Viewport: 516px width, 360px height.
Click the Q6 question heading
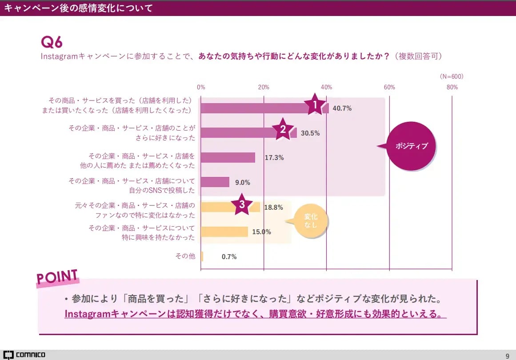52,42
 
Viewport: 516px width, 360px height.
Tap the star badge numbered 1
315,105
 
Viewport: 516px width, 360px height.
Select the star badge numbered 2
282,129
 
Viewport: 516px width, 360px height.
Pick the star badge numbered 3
242,204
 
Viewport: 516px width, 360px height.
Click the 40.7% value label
342,108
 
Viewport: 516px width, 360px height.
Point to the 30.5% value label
310,133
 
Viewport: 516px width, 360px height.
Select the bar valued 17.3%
228,157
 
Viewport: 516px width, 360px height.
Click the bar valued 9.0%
215,182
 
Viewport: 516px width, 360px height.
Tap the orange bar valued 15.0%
224,232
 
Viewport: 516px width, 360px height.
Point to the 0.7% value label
229,256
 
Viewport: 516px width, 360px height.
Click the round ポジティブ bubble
411,146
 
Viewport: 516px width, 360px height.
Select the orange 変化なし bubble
311,221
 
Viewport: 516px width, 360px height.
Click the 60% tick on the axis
389,87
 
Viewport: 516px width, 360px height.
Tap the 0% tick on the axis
201,87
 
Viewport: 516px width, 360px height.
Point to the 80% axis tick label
452,87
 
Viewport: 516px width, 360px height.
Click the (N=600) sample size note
451,76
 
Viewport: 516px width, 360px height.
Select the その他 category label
185,256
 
